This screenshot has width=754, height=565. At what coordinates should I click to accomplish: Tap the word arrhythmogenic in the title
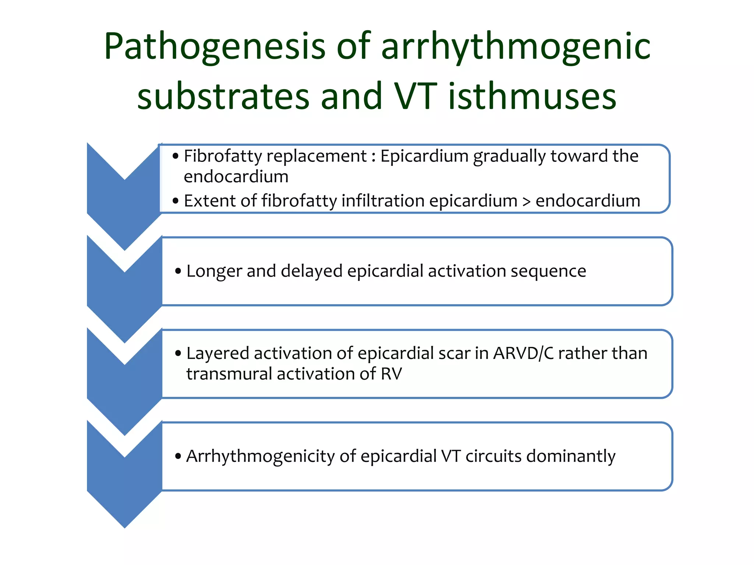[x=516, y=47]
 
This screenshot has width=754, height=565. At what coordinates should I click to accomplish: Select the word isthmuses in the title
[x=532, y=96]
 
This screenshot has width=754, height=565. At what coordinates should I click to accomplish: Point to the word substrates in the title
[x=223, y=96]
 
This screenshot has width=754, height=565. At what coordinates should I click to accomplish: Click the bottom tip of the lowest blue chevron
[x=125, y=527]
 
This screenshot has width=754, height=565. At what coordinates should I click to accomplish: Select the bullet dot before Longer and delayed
[x=178, y=271]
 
